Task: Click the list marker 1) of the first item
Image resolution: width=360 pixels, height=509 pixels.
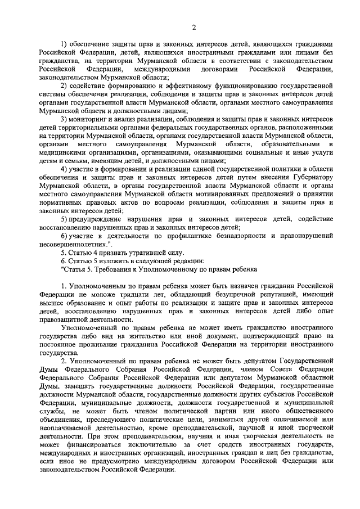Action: tap(64, 45)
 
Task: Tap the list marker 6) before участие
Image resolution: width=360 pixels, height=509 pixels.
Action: tap(64, 235)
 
